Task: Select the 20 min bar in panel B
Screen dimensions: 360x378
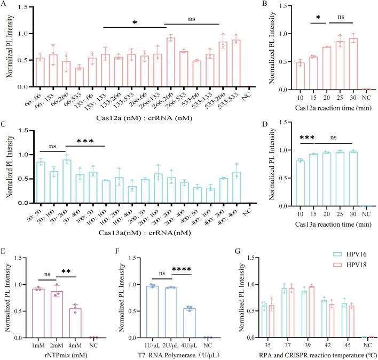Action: tap(311, 67)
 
